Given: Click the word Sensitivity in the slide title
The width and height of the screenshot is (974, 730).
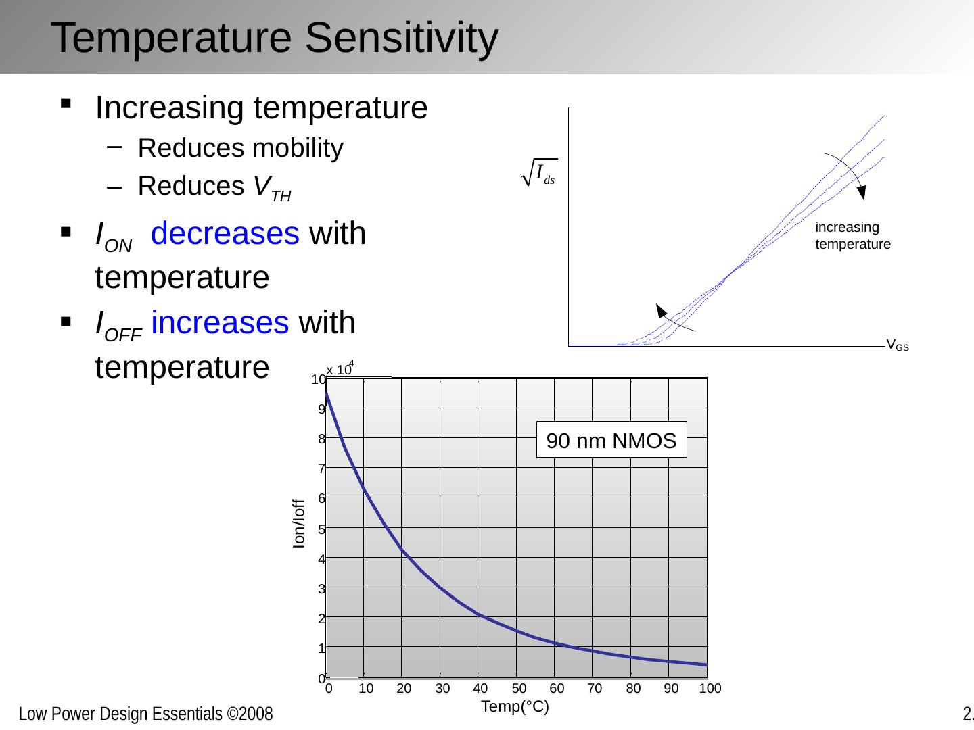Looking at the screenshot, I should pyautogui.click(x=401, y=38).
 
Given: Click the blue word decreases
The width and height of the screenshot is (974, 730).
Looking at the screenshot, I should pyautogui.click(x=225, y=234).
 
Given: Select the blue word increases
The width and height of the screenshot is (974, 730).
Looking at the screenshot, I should pyautogui.click(x=220, y=323).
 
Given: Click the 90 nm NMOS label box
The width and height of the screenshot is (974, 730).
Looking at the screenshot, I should pyautogui.click(x=611, y=441).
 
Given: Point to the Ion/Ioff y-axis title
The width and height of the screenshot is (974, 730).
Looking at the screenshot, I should pyautogui.click(x=299, y=523).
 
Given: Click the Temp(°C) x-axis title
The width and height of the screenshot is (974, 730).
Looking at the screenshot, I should pyautogui.click(x=514, y=707).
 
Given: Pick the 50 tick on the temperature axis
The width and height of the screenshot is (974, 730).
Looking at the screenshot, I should pyautogui.click(x=519, y=689).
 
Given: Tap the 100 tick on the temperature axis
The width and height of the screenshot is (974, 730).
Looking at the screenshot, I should pyautogui.click(x=710, y=689).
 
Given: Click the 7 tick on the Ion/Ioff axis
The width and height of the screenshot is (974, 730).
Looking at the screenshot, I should pyautogui.click(x=322, y=468).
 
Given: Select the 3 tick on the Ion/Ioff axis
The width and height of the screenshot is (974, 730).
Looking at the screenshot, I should pyautogui.click(x=322, y=589).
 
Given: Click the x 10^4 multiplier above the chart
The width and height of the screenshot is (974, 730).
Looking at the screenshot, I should pyautogui.click(x=340, y=369).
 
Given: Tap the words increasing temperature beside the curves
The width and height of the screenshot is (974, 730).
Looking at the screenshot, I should pyautogui.click(x=852, y=236).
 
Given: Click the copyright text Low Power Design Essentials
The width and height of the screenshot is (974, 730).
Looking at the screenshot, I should pyautogui.click(x=145, y=714).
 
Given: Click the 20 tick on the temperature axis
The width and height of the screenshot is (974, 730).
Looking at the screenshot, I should pyautogui.click(x=404, y=689).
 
